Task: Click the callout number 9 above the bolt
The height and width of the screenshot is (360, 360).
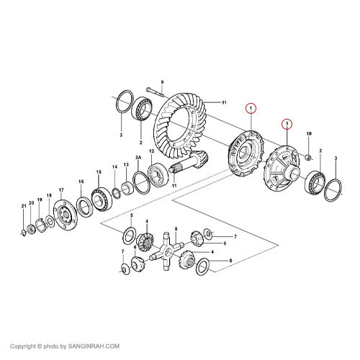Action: tap(162, 82)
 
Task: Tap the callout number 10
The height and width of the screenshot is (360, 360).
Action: tap(309, 134)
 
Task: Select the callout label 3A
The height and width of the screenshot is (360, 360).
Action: tap(138, 158)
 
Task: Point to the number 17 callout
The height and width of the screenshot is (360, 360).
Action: tap(61, 190)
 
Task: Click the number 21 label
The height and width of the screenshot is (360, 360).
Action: tap(24, 206)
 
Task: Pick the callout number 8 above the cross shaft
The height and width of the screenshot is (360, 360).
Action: tap(176, 229)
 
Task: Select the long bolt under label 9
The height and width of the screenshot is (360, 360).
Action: tap(155, 92)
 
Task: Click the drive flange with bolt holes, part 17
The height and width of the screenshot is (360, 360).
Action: tap(65, 215)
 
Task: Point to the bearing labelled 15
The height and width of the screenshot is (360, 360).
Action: tap(102, 199)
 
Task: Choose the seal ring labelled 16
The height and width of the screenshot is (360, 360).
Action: tap(84, 207)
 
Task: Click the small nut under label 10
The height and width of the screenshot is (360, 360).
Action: tap(308, 158)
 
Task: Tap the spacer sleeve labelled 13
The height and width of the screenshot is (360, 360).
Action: tap(127, 188)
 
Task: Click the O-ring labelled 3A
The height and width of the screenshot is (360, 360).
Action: tap(142, 183)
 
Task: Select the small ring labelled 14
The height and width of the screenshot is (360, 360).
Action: tap(116, 194)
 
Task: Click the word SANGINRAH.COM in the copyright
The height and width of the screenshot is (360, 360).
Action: tap(94, 346)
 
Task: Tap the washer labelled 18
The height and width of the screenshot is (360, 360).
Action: tap(50, 222)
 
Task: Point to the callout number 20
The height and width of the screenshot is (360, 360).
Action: tap(32, 203)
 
